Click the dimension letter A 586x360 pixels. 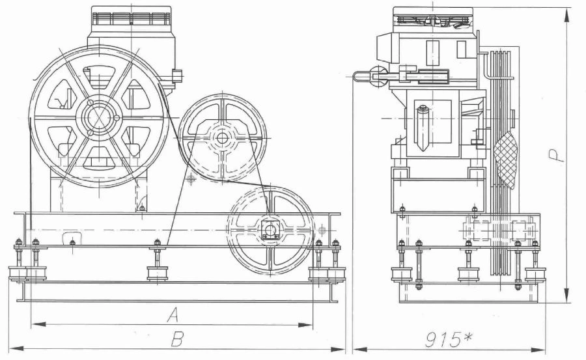click(x=173, y=315)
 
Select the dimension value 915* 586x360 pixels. click(x=449, y=340)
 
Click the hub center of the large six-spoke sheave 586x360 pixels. click(x=99, y=118)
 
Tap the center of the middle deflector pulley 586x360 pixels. click(x=223, y=138)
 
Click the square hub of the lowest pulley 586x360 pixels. click(x=271, y=230)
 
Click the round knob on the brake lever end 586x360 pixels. click(x=379, y=76)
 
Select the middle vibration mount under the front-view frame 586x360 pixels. click(x=158, y=273)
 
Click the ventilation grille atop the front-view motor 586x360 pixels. click(x=131, y=18)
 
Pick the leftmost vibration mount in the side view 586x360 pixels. click(x=401, y=275)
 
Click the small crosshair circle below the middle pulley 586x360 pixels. click(x=191, y=180)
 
